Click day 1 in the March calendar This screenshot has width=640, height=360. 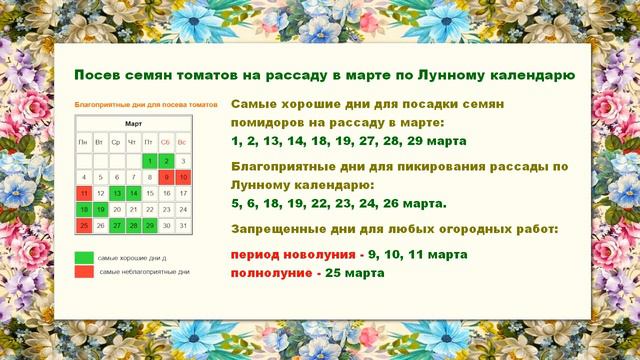pos(149,160)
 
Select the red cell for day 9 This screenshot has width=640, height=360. pos(166,177)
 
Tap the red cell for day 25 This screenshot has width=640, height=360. pos(83,226)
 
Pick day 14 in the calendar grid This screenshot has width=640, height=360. pos(133,193)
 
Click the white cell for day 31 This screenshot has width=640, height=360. pos(183,226)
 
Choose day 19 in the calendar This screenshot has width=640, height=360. pos(100,210)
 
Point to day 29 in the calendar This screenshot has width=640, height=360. pos(149,226)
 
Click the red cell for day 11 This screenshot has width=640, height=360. pos(83,193)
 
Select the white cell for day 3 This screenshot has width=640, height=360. pos(183,160)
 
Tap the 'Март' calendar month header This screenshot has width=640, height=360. pos(133,124)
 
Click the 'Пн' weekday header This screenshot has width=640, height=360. pos(83,142)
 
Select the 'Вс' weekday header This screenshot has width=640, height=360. pos(183,142)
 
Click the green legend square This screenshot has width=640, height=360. pos(83,257)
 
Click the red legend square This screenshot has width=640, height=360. pos(83,272)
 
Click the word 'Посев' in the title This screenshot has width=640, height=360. pos(97,76)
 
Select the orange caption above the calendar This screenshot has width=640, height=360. pos(146,103)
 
